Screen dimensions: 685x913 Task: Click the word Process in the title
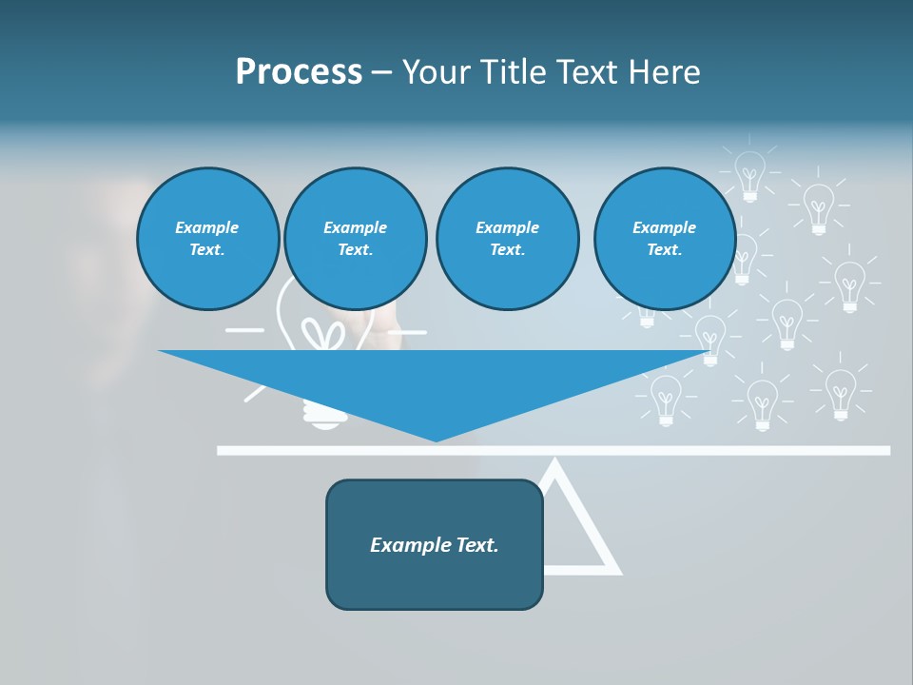(299, 72)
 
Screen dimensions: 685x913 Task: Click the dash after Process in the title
(382, 73)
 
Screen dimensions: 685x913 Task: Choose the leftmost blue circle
(208, 239)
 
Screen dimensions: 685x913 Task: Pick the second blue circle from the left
(356, 239)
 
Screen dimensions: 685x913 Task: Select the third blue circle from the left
(508, 239)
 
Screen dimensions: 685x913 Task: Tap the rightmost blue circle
(665, 239)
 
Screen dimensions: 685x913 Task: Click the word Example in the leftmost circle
(207, 227)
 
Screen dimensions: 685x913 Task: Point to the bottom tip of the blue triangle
(437, 440)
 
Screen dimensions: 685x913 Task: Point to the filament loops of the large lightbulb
(323, 335)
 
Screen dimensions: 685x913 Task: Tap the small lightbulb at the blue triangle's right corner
(709, 337)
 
